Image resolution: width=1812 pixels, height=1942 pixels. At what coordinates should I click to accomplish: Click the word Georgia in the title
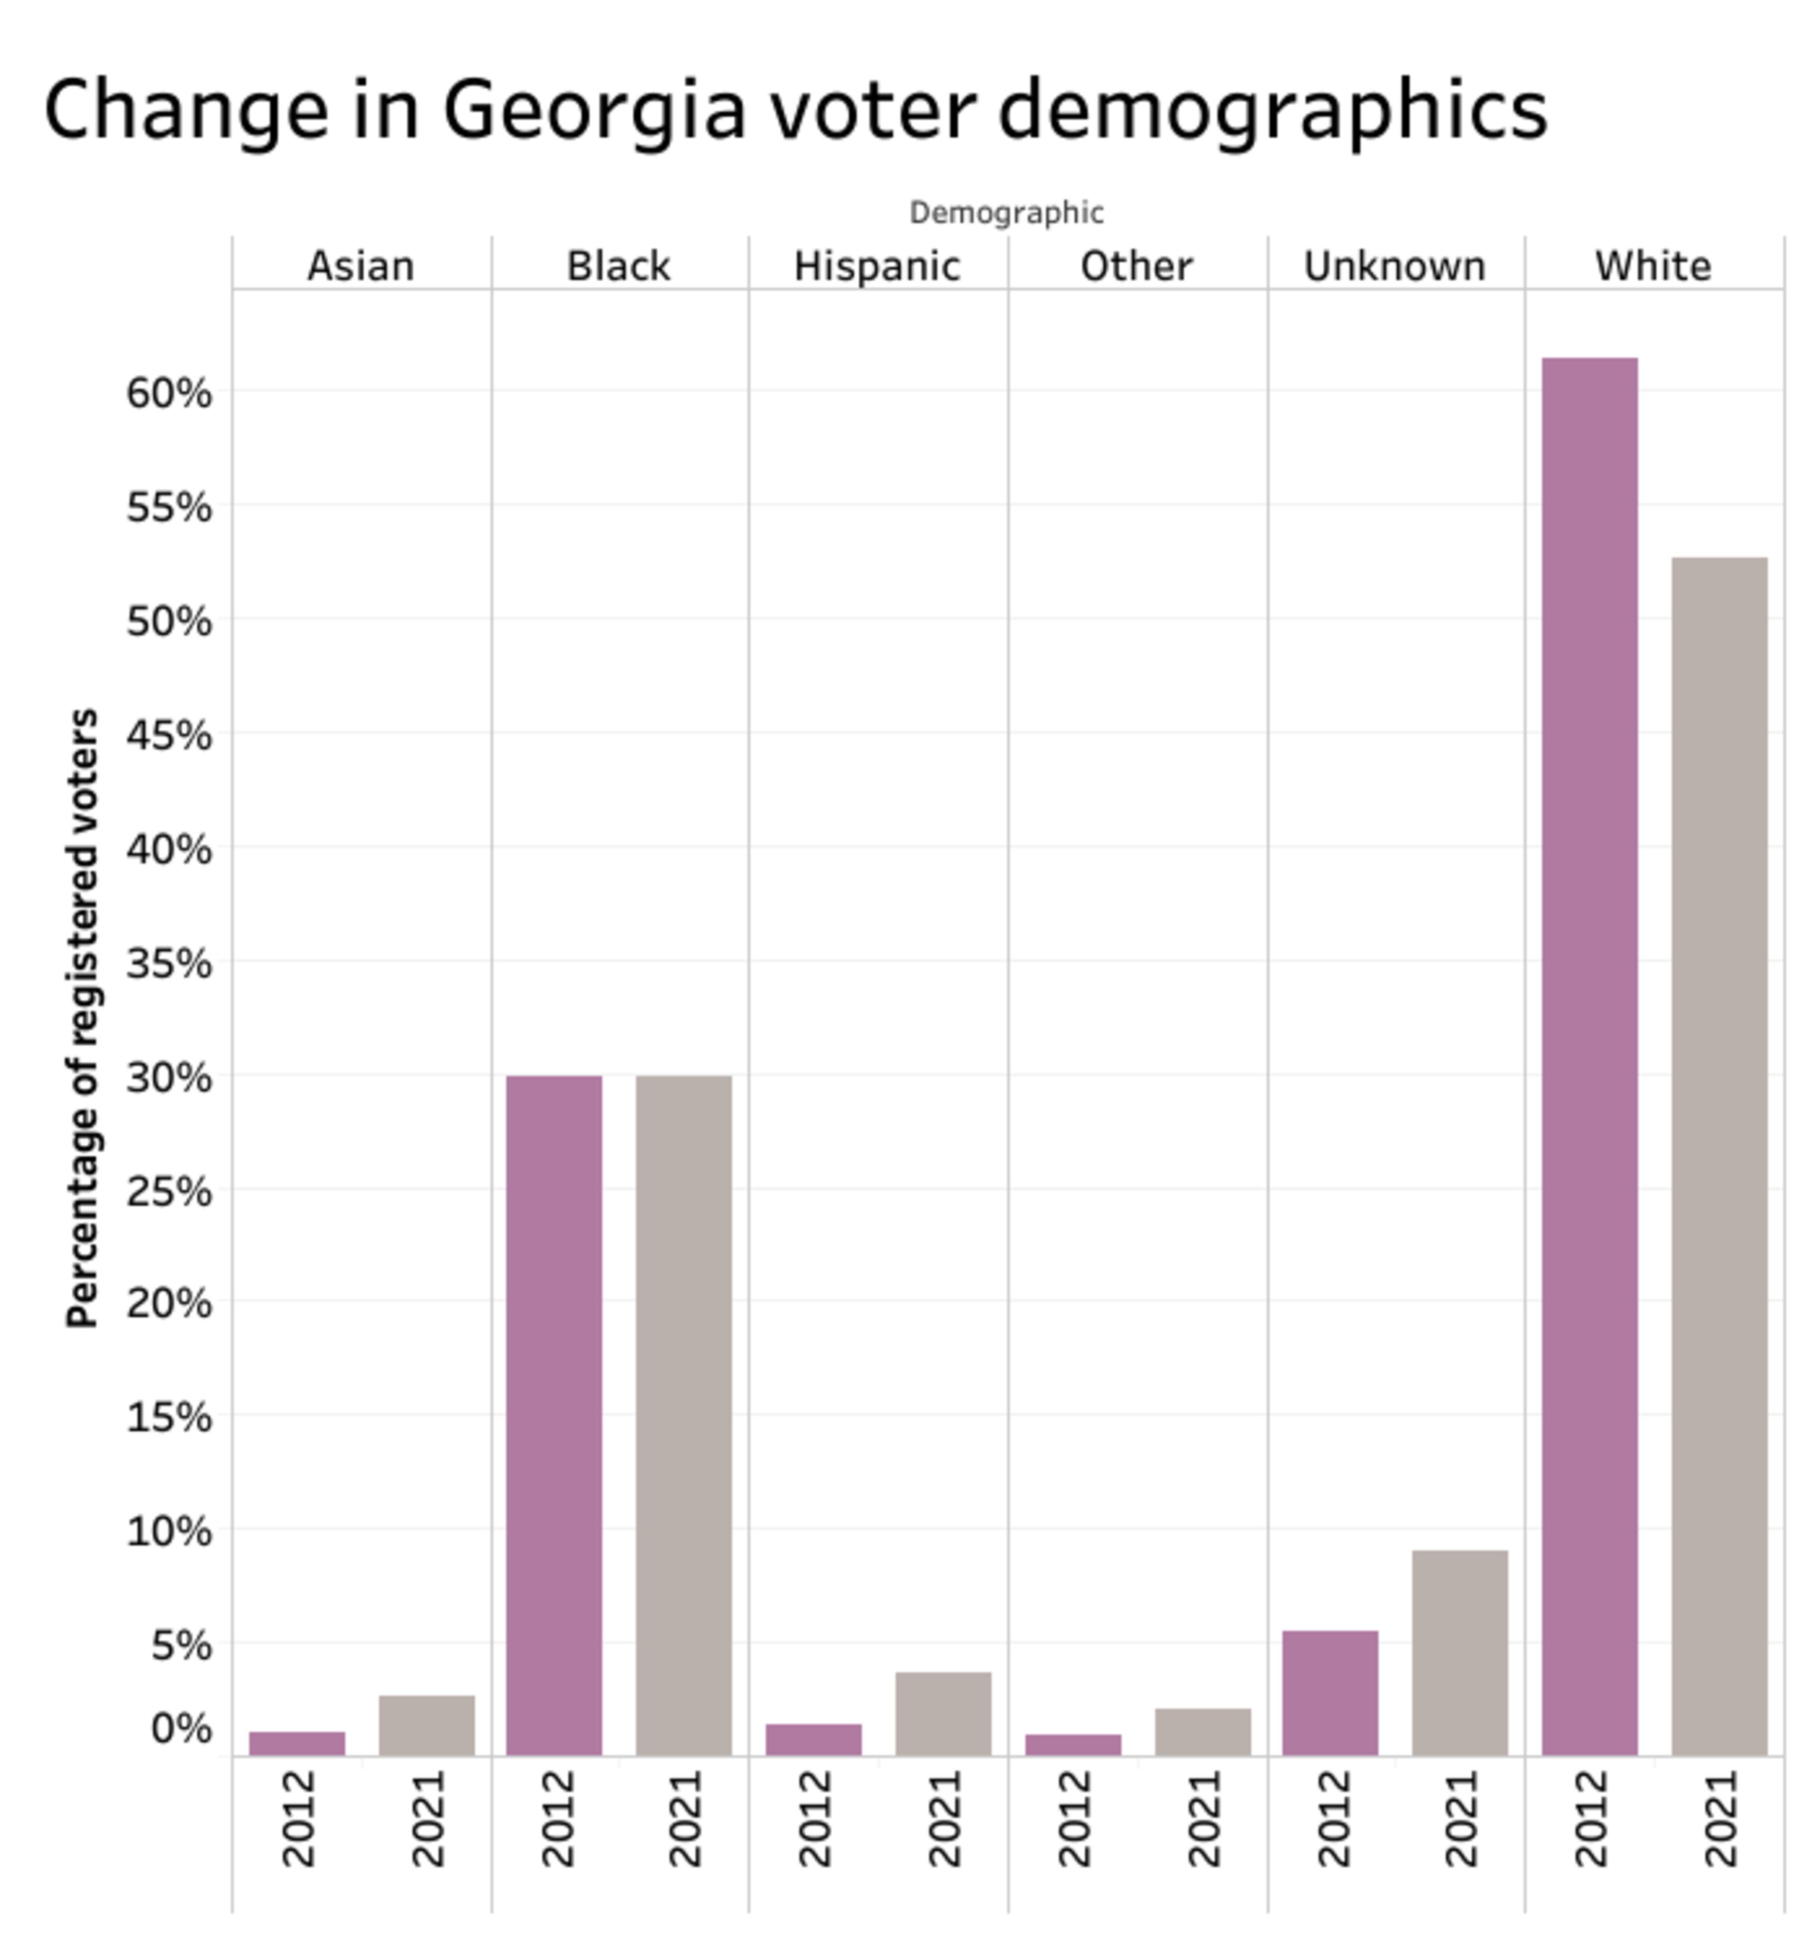[x=594, y=109]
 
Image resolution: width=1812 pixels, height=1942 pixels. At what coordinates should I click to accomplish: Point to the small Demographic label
[x=1006, y=212]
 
